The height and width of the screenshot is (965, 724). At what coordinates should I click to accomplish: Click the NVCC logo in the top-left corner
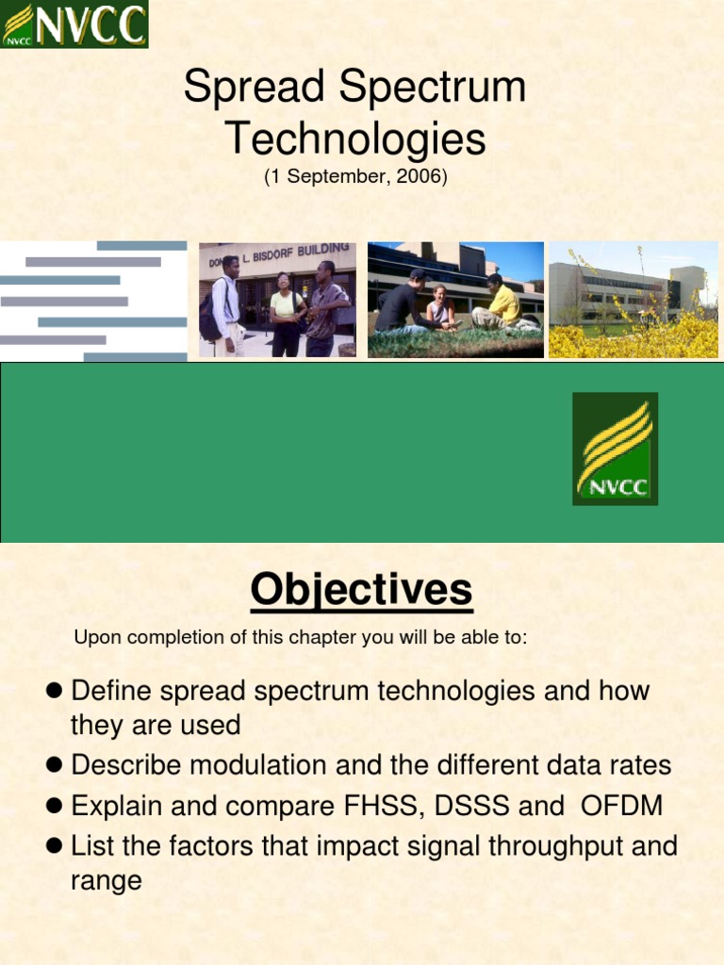tap(74, 24)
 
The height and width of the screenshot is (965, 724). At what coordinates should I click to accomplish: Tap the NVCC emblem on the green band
tap(615, 449)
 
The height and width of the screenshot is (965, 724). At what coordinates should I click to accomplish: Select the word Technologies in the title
tap(355, 139)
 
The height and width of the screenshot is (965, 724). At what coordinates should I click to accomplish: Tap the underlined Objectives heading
tap(361, 590)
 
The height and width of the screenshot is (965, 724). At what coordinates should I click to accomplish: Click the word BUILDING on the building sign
tap(323, 251)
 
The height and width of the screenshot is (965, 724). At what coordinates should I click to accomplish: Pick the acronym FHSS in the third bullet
tap(381, 806)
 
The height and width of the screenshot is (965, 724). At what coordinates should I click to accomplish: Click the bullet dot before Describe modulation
tap(54, 765)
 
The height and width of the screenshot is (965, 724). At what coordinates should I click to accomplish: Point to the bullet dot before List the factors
tap(54, 845)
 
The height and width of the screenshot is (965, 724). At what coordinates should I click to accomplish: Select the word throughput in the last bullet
tap(556, 847)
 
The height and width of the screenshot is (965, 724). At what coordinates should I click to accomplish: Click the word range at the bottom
tap(107, 881)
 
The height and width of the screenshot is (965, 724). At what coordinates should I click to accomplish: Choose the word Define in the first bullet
tap(111, 691)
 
